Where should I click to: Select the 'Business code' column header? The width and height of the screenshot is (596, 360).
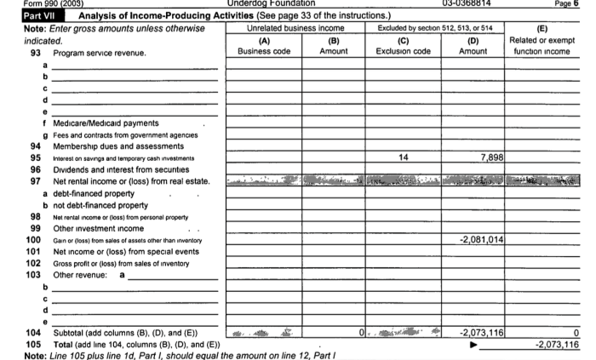click(263, 51)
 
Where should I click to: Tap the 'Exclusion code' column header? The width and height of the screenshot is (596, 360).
click(403, 51)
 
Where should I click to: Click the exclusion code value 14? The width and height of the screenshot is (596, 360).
click(403, 157)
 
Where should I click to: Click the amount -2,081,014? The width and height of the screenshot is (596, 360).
click(481, 241)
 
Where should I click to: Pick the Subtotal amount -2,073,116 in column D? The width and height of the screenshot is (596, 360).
click(481, 330)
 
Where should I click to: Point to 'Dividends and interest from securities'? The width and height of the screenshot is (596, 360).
click(127, 169)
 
